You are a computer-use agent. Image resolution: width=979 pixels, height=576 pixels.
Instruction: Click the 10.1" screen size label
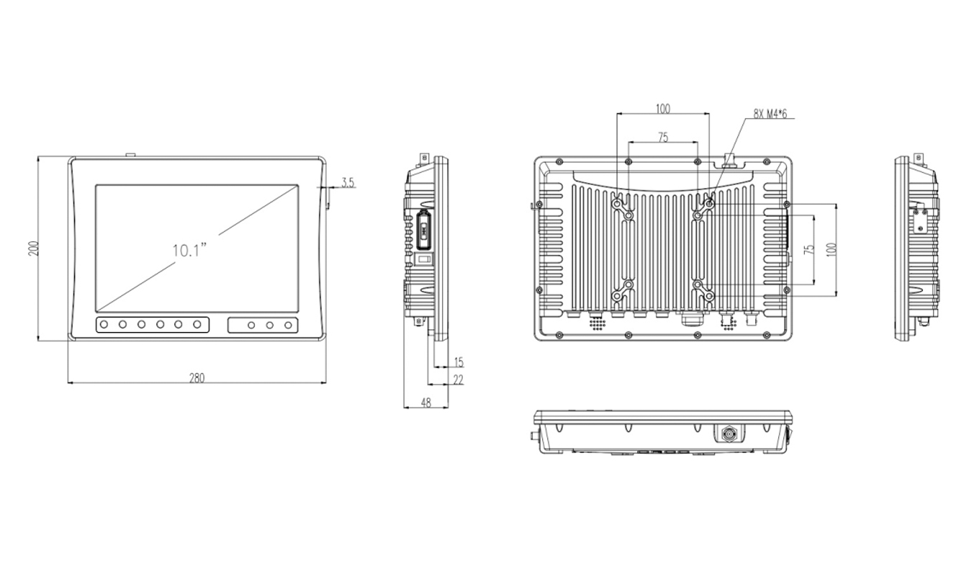pos(189,251)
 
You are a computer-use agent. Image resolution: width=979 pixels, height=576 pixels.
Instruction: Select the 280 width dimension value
pos(197,377)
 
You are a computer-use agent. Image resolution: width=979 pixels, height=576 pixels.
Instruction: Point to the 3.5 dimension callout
pos(348,183)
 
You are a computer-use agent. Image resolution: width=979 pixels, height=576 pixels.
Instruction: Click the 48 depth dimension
pos(425,402)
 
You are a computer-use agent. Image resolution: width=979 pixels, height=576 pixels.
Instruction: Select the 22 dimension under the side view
pos(458,379)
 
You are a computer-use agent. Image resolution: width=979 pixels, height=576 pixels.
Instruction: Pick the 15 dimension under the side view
pos(458,361)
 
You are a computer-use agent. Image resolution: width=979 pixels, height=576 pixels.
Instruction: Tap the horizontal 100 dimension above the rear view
pos(662,109)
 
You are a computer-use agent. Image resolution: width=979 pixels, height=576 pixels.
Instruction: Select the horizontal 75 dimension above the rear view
pos(662,137)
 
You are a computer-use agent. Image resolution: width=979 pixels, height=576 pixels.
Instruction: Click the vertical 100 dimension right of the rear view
pos(832,250)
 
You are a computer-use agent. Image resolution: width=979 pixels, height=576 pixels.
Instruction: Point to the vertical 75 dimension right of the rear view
pos(809,250)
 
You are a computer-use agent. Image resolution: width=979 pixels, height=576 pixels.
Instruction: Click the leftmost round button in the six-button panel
pos(104,325)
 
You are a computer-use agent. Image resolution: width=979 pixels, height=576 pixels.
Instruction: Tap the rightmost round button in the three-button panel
pos(288,325)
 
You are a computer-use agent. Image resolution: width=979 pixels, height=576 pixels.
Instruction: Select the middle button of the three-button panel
pos(269,325)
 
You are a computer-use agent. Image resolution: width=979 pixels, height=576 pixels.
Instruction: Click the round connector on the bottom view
pos(725,433)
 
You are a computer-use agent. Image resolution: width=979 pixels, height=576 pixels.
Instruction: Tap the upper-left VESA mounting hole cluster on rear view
pos(623,209)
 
